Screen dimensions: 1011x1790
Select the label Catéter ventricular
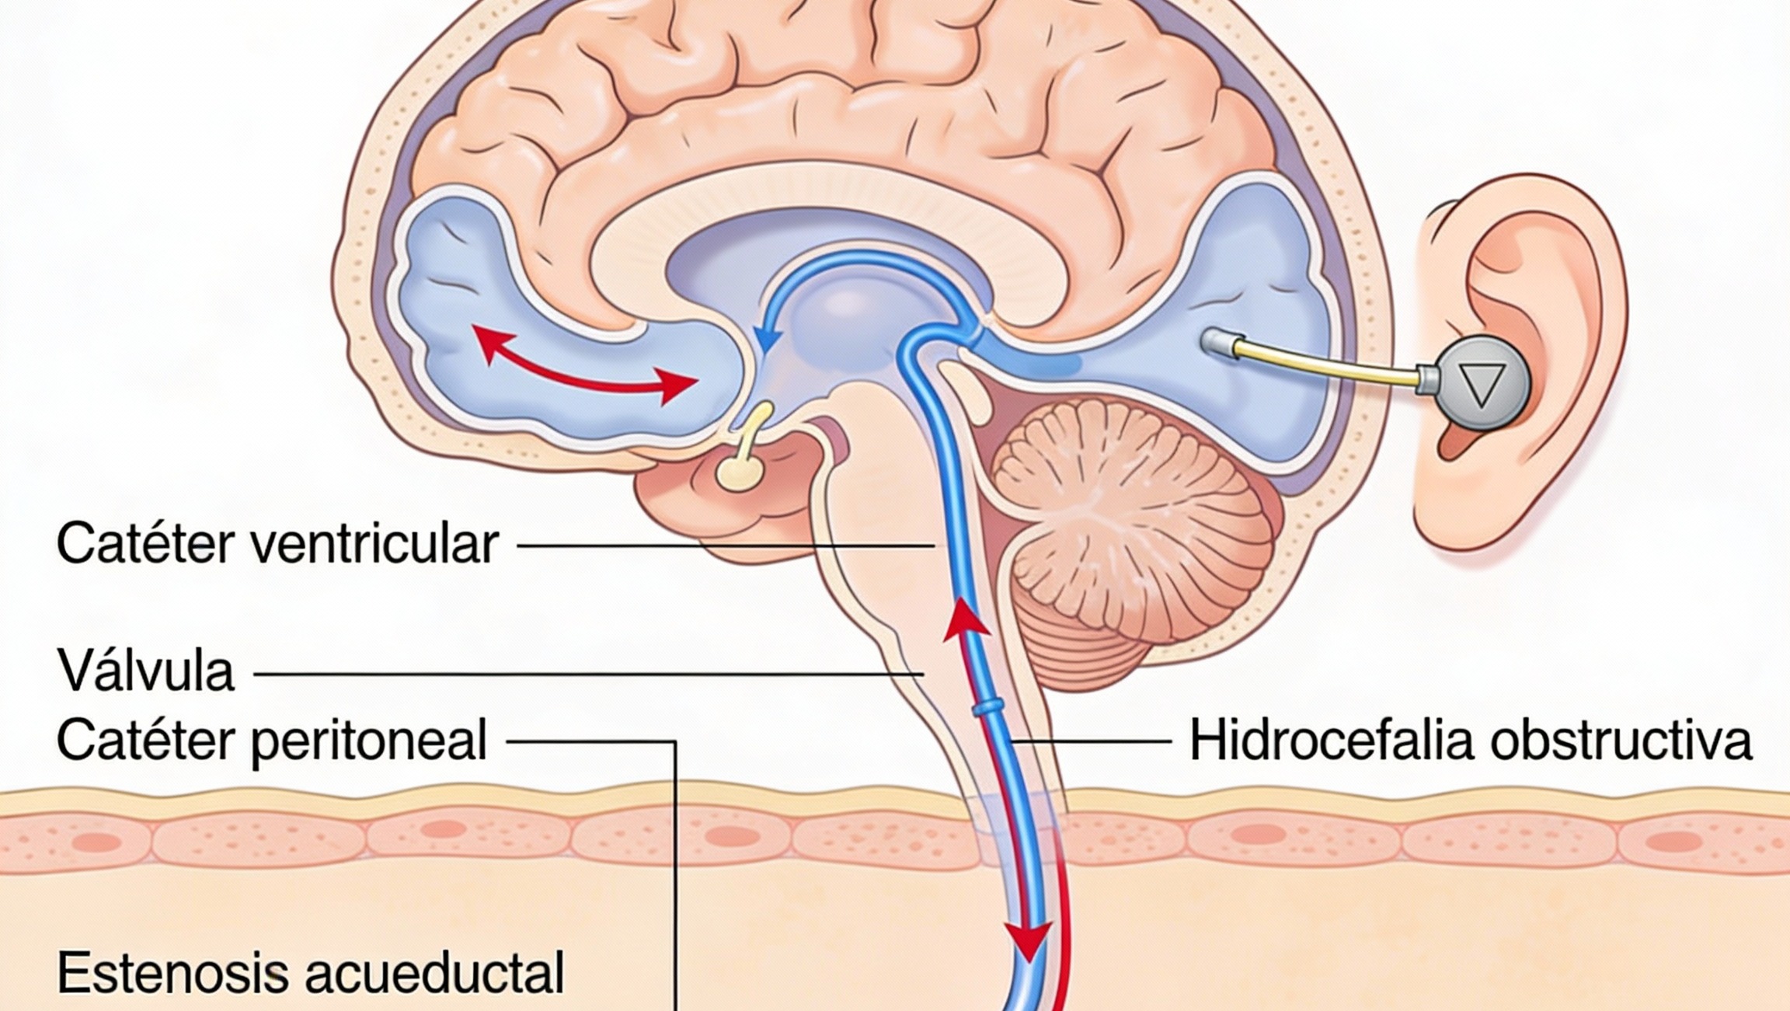277,544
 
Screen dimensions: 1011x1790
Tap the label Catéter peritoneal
272,740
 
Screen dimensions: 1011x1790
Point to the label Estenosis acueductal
310,971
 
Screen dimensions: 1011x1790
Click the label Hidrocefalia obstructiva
1471,741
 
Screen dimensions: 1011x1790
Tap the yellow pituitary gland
739,469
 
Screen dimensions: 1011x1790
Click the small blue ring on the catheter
987,706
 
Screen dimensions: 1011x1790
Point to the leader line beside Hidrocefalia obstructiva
1092,741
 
